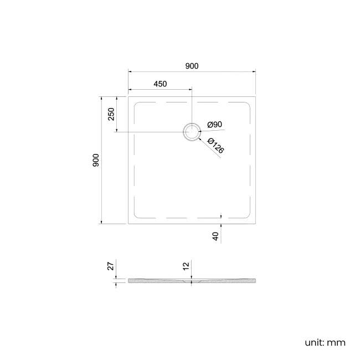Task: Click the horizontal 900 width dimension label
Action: [192, 66]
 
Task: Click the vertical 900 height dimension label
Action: [96, 161]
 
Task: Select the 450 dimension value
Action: [160, 84]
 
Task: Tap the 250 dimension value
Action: [111, 114]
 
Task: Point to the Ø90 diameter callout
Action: [214, 125]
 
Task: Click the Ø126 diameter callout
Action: [215, 145]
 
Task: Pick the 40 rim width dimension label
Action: [216, 236]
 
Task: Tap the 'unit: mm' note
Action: [325, 342]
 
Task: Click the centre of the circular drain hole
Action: [192, 132]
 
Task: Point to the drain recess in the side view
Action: [192, 281]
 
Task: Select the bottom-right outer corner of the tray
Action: [255, 223]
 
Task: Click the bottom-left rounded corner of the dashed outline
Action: [137, 215]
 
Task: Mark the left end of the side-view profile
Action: [129, 281]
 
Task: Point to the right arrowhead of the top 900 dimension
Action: [253, 71]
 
